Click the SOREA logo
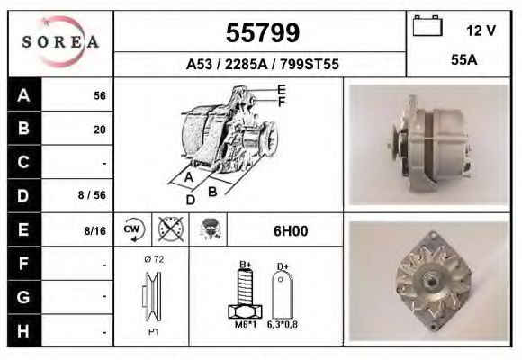(x=60, y=42)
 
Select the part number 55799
(x=261, y=33)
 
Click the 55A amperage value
(x=463, y=63)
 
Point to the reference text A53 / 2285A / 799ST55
(x=261, y=65)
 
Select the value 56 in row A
(x=100, y=96)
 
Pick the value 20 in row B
(x=100, y=130)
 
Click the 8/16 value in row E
(x=94, y=231)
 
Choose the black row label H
(x=23, y=331)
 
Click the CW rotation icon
(x=131, y=230)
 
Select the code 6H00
(x=290, y=231)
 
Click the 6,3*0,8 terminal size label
(x=282, y=325)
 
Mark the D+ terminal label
(x=282, y=265)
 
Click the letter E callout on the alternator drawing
(x=282, y=89)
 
